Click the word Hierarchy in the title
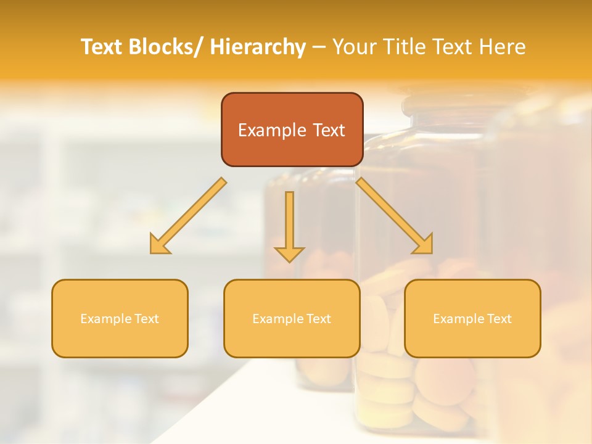pyautogui.click(x=257, y=47)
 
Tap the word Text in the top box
pyautogui.click(x=327, y=130)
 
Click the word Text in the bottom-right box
pyautogui.click(x=498, y=319)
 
